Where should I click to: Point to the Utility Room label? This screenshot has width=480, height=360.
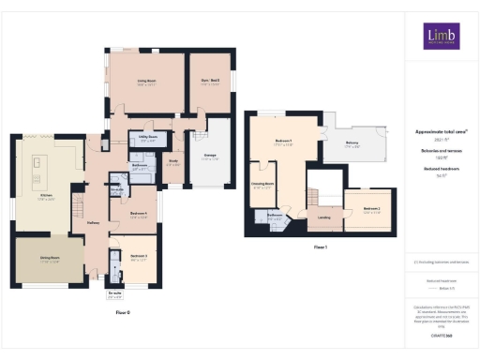pyautogui.click(x=147, y=137)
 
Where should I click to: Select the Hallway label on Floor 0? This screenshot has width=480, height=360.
pyautogui.click(x=94, y=222)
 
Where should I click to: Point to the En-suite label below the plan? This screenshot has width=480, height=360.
pyautogui.click(x=114, y=295)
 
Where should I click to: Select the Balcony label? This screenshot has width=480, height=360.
pyautogui.click(x=352, y=142)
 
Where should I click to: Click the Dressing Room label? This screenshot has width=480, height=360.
pyautogui.click(x=262, y=185)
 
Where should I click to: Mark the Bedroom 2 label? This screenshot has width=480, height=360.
pyautogui.click(x=372, y=208)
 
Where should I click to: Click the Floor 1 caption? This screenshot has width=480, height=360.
pyautogui.click(x=320, y=247)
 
